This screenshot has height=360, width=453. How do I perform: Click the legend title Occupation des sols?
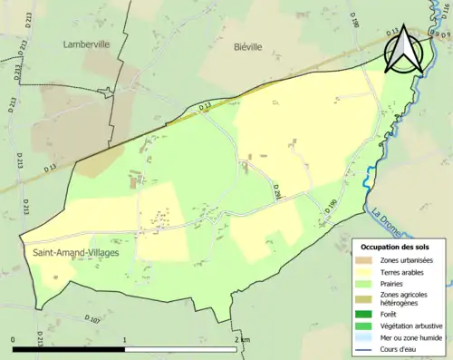pos(397,246)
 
